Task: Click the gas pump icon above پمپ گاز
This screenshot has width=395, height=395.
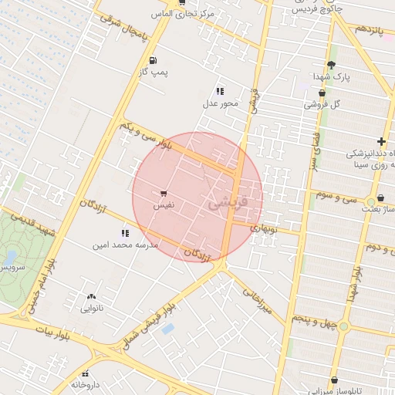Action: pyautogui.click(x=153, y=60)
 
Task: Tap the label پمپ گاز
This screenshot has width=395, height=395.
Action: pyautogui.click(x=154, y=72)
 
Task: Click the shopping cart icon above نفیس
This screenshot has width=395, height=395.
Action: pyautogui.click(x=164, y=194)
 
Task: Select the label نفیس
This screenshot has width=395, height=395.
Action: pyautogui.click(x=164, y=206)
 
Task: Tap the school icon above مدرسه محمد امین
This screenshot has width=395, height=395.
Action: pyautogui.click(x=125, y=232)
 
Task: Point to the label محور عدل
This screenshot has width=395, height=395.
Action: pyautogui.click(x=221, y=103)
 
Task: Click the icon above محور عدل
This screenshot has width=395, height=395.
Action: pyautogui.click(x=220, y=90)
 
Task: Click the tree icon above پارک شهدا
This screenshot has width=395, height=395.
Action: pyautogui.click(x=332, y=65)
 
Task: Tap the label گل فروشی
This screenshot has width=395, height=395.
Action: pyautogui.click(x=323, y=103)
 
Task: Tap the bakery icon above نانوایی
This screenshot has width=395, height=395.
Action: pyautogui.click(x=92, y=296)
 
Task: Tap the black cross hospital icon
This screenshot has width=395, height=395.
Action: pyautogui.click(x=381, y=141)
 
